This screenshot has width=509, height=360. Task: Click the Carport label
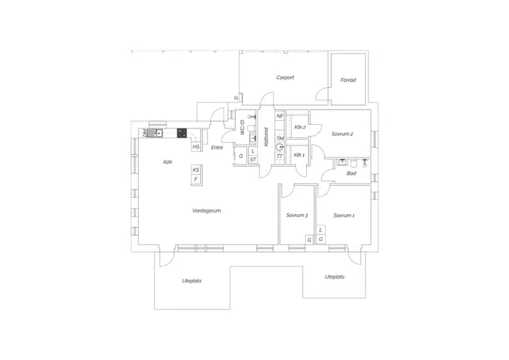click(285, 78)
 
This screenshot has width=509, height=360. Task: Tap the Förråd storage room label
click(348, 80)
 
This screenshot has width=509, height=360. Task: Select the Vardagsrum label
click(206, 211)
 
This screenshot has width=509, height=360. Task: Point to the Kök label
click(167, 162)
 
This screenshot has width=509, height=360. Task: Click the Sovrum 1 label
click(344, 215)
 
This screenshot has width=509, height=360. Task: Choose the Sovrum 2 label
click(342, 134)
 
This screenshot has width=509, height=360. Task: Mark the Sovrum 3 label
click(296, 215)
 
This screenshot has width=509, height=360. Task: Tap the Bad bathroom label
click(351, 174)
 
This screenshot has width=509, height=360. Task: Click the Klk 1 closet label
click(299, 155)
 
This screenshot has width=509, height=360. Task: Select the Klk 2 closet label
click(300, 127)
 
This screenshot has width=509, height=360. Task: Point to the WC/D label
click(242, 128)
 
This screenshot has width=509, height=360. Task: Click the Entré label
click(217, 148)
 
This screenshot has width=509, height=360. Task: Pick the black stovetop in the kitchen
click(182, 133)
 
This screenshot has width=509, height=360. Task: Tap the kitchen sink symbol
click(155, 133)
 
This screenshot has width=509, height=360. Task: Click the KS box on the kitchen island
click(196, 170)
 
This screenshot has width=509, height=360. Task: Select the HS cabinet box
click(196, 147)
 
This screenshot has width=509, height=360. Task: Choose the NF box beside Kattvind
click(280, 116)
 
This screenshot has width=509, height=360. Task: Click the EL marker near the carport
click(236, 98)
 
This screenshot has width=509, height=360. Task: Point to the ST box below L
click(253, 160)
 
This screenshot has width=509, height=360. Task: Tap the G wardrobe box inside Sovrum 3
click(309, 240)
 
